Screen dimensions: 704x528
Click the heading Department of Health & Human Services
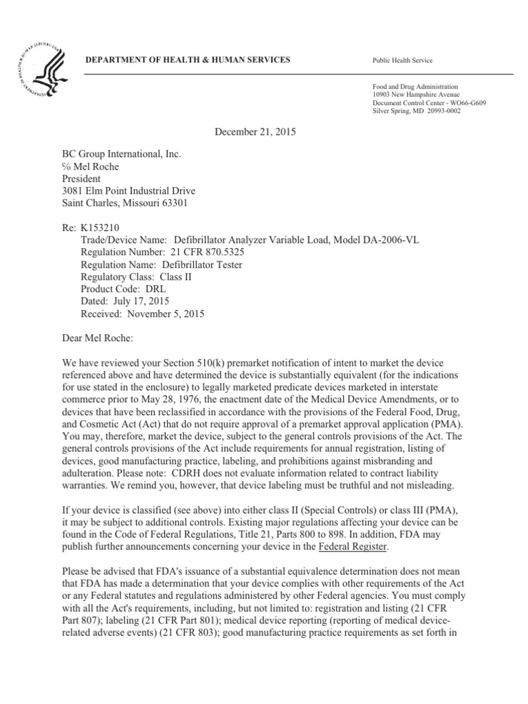[187, 60]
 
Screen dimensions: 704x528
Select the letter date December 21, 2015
[249, 132]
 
